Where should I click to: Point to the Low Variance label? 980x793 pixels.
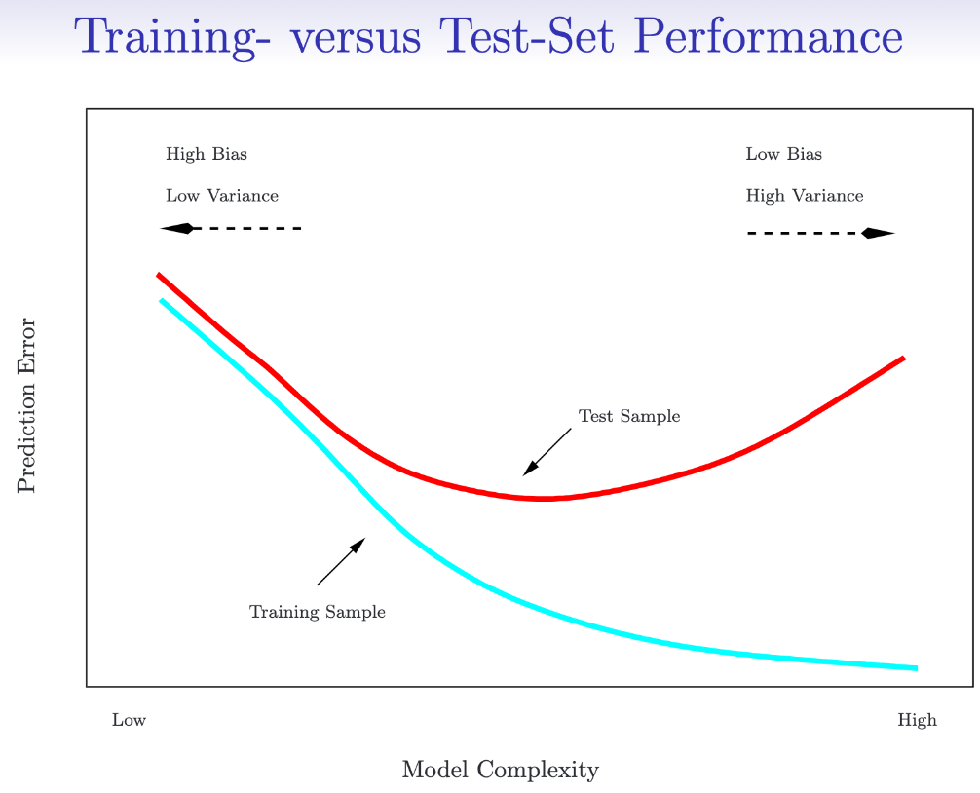pyautogui.click(x=222, y=196)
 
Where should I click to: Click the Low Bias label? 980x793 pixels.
pyautogui.click(x=784, y=154)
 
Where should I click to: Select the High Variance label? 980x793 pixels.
pyautogui.click(x=805, y=196)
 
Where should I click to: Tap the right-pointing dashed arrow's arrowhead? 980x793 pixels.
pyautogui.click(x=878, y=234)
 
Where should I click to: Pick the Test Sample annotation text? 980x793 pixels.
pyautogui.click(x=629, y=417)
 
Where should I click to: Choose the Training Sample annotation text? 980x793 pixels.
pyautogui.click(x=318, y=613)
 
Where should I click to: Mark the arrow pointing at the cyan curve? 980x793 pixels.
pyautogui.click(x=341, y=561)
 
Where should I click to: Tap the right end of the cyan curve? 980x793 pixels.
pyautogui.click(x=915, y=668)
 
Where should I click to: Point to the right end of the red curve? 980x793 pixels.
pyautogui.click(x=903, y=359)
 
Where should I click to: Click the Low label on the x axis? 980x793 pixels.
pyautogui.click(x=129, y=721)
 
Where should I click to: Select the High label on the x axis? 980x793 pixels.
pyautogui.click(x=917, y=721)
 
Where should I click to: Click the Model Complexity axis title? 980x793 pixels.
pyautogui.click(x=500, y=771)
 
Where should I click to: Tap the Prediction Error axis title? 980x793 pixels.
pyautogui.click(x=26, y=405)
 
